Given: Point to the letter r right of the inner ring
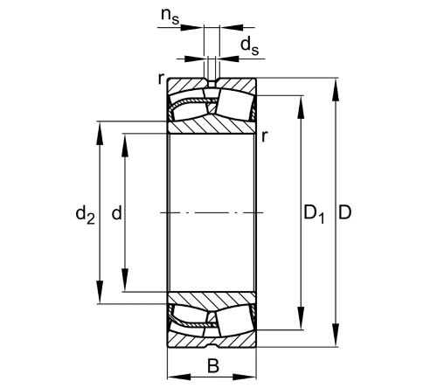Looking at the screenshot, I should [x=264, y=135].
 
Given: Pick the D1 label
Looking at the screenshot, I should [x=314, y=212].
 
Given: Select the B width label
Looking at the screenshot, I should [x=213, y=365].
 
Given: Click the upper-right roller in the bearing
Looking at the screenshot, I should [x=237, y=103].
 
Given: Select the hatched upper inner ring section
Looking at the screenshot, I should [x=212, y=124].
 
